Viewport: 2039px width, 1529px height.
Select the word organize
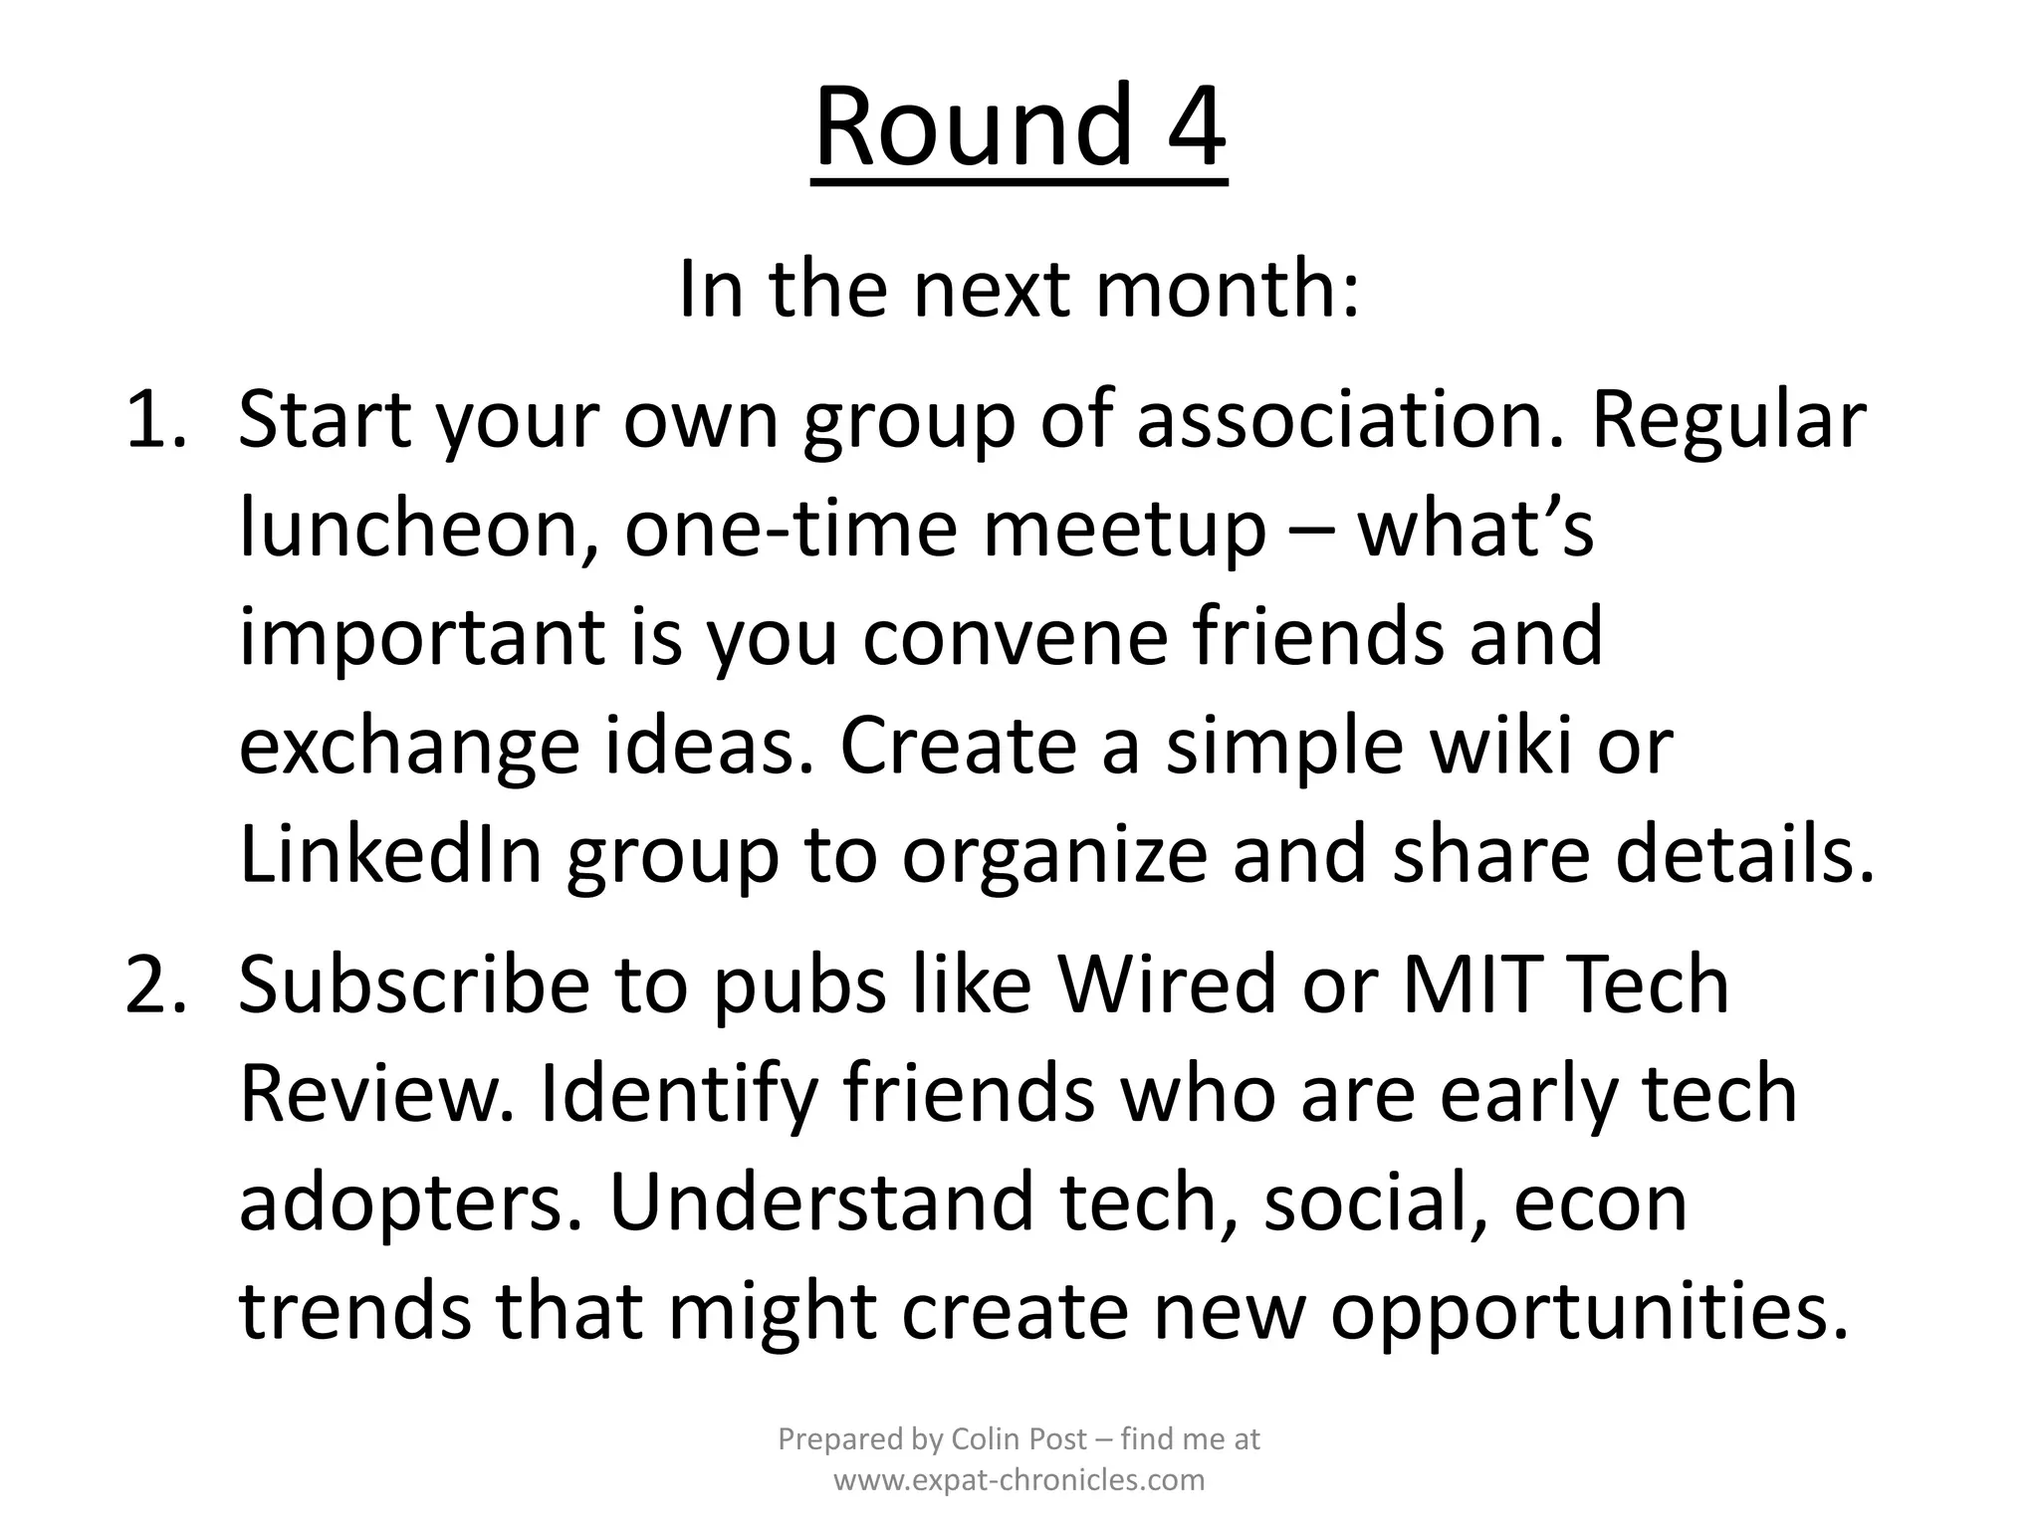coord(1054,856)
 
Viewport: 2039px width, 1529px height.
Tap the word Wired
coord(1166,983)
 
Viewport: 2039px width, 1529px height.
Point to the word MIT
coord(1473,983)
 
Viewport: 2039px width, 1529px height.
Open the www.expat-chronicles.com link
coord(1019,1480)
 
